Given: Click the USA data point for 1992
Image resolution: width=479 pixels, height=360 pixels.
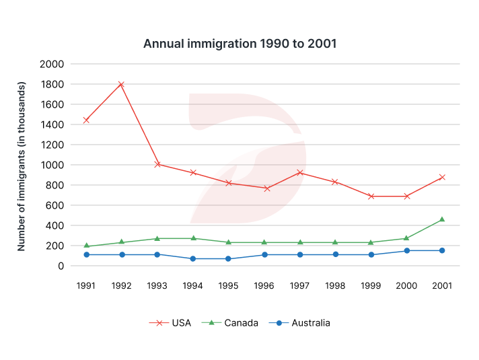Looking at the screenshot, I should click(x=121, y=85).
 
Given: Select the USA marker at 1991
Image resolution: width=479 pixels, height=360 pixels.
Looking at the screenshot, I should click(x=85, y=120).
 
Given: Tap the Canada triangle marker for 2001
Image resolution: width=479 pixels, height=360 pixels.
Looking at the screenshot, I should click(x=442, y=219).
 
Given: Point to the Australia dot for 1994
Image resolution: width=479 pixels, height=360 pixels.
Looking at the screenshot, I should click(x=192, y=258).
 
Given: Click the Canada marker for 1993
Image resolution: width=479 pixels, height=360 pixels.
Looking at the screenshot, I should click(x=157, y=238).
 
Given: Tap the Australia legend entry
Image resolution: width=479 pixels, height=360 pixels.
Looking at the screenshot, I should click(x=303, y=323).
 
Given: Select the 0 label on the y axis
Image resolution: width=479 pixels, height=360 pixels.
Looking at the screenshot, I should click(x=61, y=266).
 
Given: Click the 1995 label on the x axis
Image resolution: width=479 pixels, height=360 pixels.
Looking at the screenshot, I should click(x=228, y=285).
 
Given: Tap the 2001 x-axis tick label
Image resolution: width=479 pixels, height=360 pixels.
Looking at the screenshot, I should click(x=442, y=285).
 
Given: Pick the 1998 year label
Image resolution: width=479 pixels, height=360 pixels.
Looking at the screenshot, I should click(x=335, y=285).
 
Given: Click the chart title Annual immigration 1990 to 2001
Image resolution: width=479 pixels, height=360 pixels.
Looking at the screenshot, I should click(x=239, y=44).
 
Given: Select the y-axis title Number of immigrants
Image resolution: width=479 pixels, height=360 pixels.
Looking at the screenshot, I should click(x=22, y=166).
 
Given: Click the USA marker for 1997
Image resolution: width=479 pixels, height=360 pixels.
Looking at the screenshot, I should click(x=299, y=173).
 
